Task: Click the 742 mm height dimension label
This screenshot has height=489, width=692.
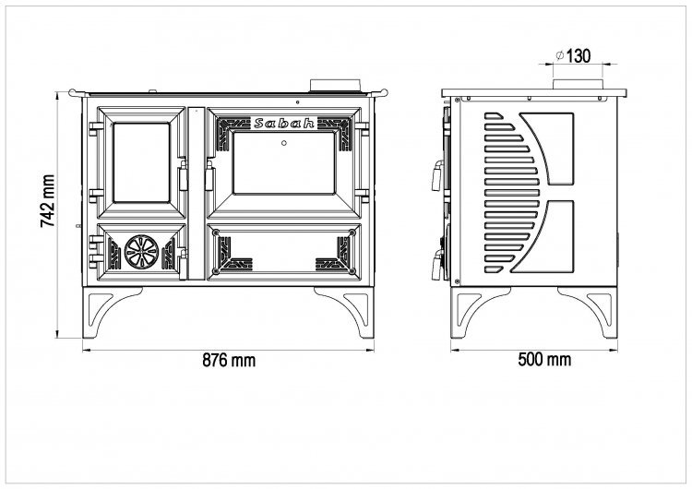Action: point(48,201)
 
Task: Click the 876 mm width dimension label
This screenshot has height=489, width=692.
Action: point(229,360)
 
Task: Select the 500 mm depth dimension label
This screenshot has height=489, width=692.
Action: point(544,359)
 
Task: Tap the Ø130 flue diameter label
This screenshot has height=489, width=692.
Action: point(572,56)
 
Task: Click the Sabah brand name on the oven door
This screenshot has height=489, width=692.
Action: point(284,123)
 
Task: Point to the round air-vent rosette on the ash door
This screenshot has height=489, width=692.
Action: point(141,252)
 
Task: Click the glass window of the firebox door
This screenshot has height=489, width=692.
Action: point(142,162)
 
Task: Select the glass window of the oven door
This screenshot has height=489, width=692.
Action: point(284,162)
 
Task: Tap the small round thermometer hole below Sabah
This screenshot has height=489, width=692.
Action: point(284,143)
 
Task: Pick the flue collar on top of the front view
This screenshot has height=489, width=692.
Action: point(336,86)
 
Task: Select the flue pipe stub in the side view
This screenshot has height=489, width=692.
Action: point(578,85)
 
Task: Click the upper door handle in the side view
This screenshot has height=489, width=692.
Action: point(437,175)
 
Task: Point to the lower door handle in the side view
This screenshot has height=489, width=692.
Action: point(437,265)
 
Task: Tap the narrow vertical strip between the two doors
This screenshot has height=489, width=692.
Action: point(197,194)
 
